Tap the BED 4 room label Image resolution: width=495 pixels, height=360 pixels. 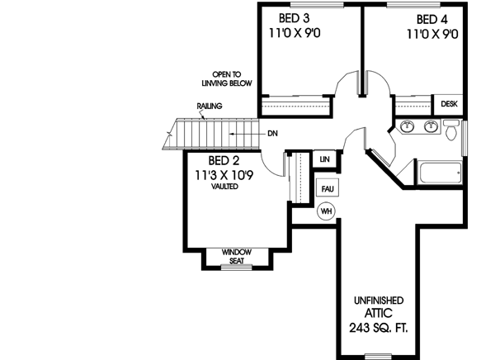pyautogui.click(x=431, y=19)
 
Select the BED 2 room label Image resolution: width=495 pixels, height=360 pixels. pyautogui.click(x=223, y=160)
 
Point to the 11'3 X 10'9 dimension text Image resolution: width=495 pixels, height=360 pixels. pyautogui.click(x=225, y=174)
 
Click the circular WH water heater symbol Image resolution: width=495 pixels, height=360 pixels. pyautogui.click(x=326, y=211)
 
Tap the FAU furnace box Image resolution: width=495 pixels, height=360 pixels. pyautogui.click(x=326, y=188)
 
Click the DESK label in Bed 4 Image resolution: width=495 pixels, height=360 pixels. pyautogui.click(x=449, y=105)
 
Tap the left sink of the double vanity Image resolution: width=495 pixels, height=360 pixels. pyautogui.click(x=407, y=127)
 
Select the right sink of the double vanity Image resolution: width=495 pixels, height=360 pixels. pyautogui.click(x=430, y=127)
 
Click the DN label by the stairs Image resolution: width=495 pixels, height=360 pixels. pyautogui.click(x=271, y=133)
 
